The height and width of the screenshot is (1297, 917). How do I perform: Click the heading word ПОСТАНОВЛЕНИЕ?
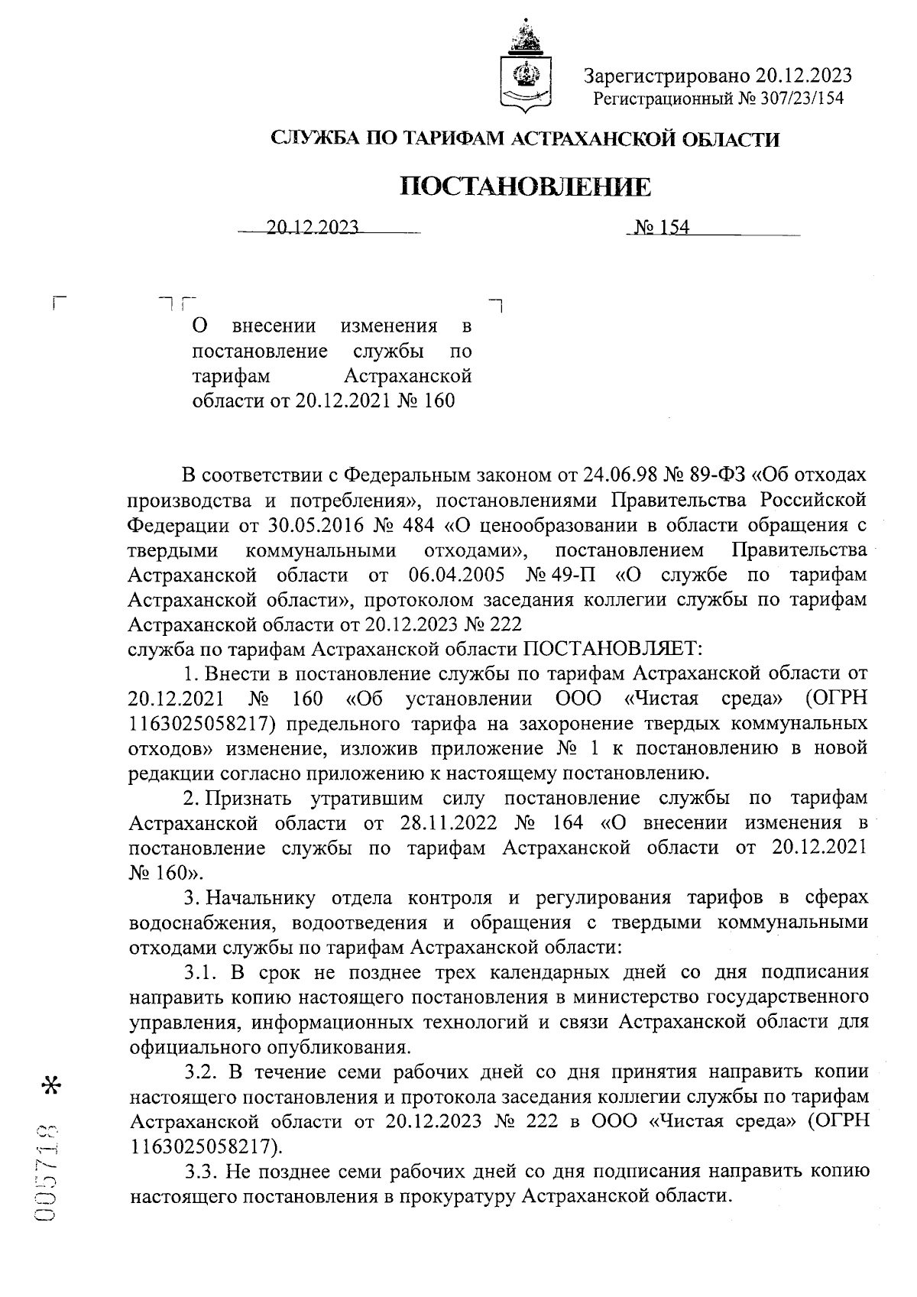pos(527,186)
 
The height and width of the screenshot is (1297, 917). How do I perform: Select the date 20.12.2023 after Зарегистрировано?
pos(803,76)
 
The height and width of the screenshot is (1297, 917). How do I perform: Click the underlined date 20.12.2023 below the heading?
pos(313,227)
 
